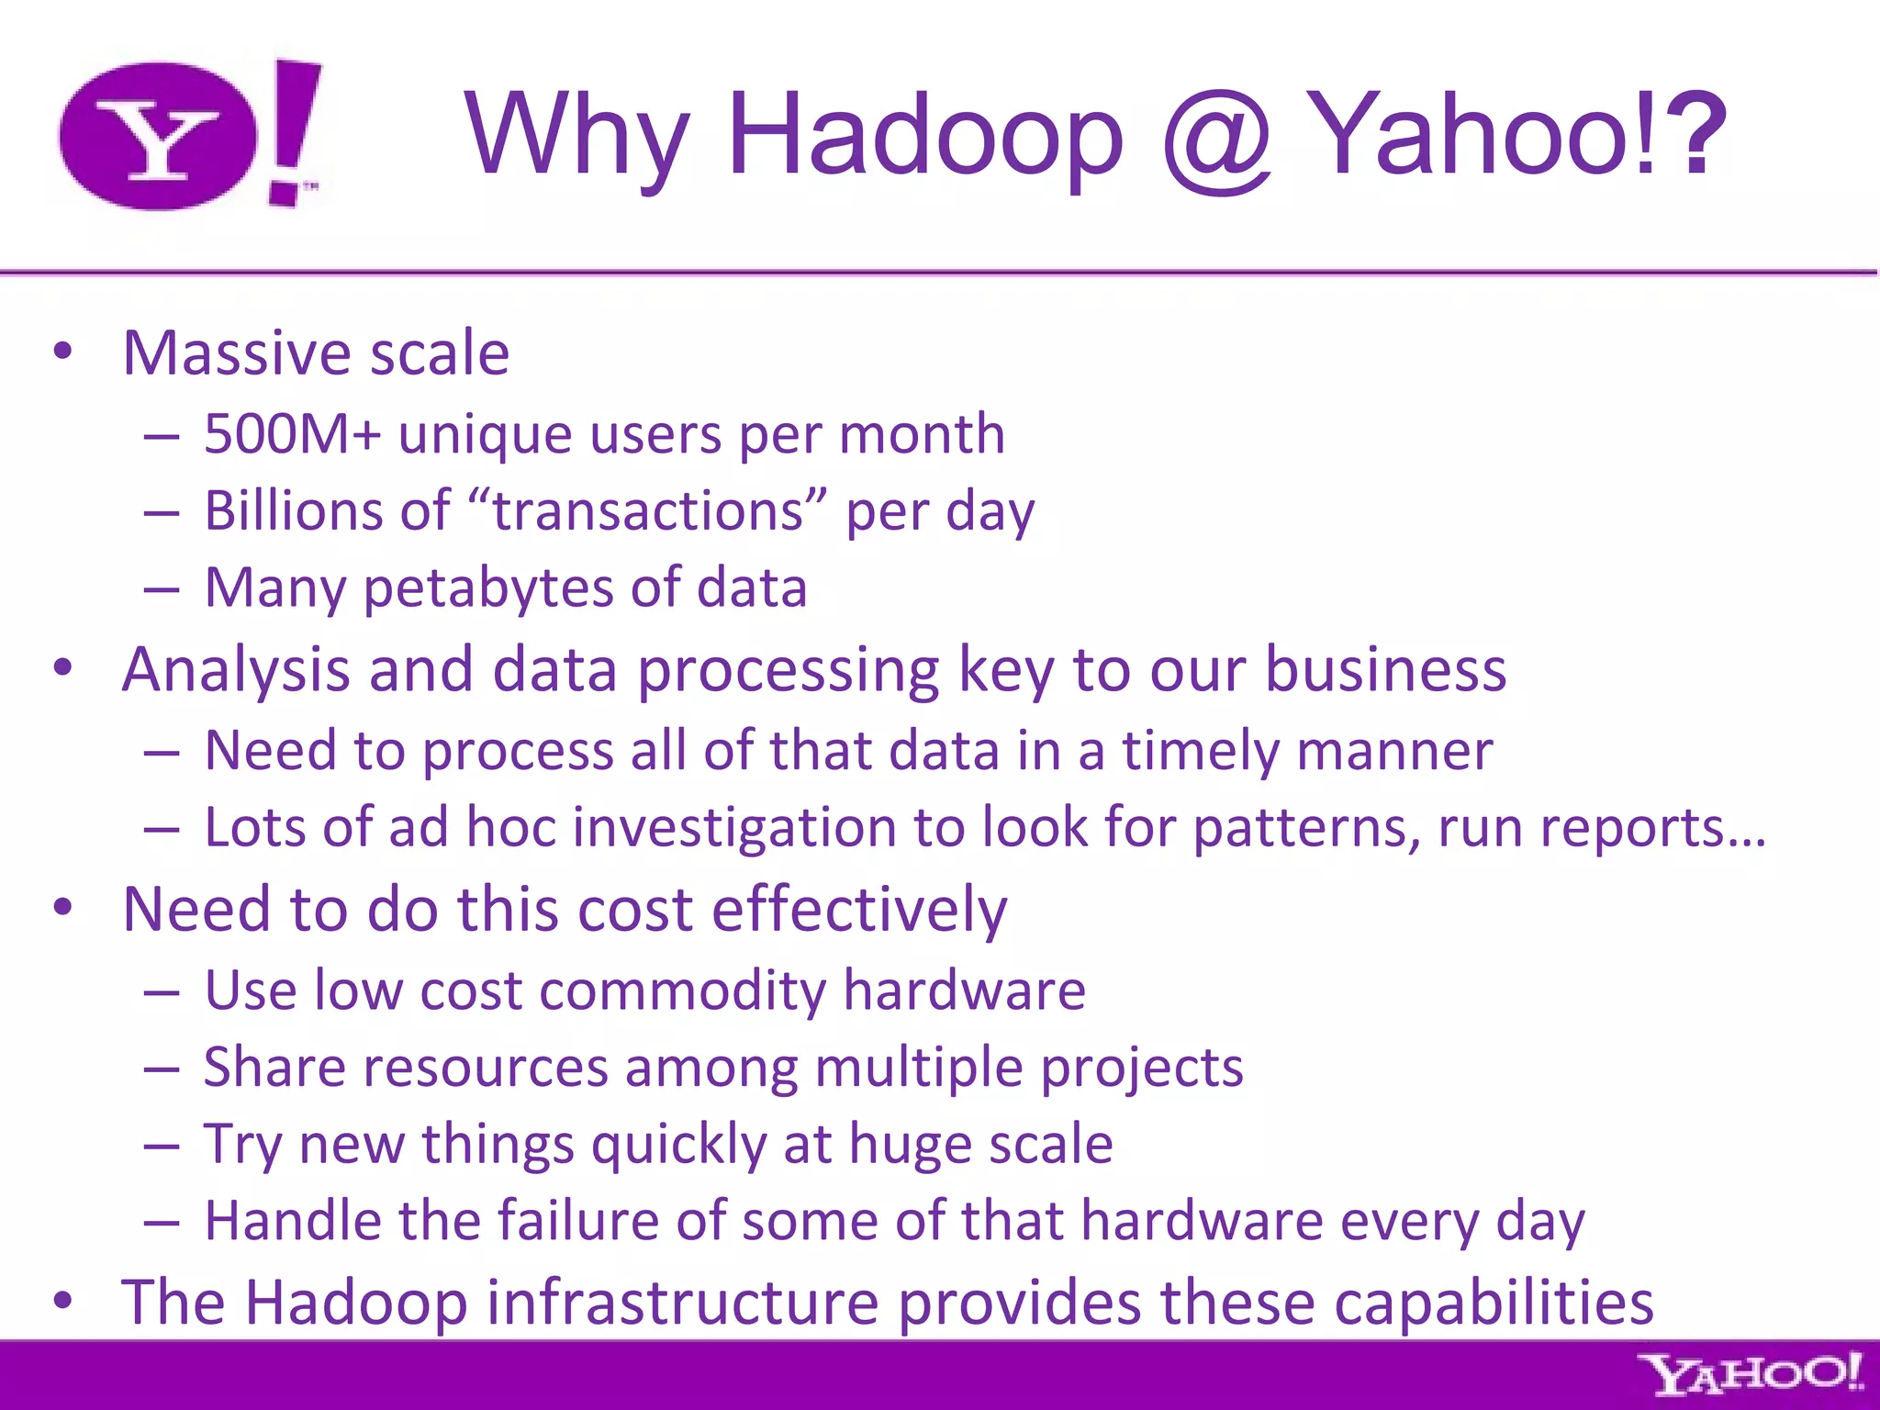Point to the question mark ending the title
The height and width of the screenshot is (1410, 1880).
point(1695,135)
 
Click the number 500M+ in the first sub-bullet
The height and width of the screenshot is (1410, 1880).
point(291,433)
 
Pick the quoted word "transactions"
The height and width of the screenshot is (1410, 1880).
point(648,510)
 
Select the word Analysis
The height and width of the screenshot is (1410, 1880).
point(236,670)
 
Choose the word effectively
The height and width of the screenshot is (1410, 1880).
point(859,910)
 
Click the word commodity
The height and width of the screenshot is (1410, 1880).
point(683,990)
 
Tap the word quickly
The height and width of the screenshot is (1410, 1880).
point(678,1145)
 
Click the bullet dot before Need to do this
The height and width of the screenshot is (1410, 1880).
point(62,908)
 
